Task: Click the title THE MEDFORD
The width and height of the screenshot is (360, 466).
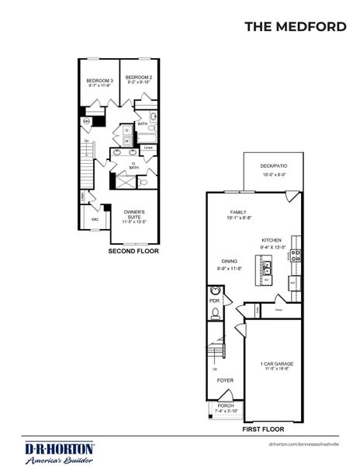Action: (295, 26)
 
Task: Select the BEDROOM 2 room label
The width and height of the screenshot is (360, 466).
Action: (138, 79)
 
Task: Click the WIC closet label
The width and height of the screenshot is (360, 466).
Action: (95, 219)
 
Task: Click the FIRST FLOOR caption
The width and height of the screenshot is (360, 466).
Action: (262, 428)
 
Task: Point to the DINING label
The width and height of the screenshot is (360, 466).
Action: (228, 264)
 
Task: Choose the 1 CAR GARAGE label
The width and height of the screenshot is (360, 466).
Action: (276, 365)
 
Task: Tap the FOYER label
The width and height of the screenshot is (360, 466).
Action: (225, 381)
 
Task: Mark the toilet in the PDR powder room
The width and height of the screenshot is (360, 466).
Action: (215, 313)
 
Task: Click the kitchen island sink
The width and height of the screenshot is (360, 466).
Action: (268, 268)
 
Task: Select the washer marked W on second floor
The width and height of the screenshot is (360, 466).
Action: (126, 141)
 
